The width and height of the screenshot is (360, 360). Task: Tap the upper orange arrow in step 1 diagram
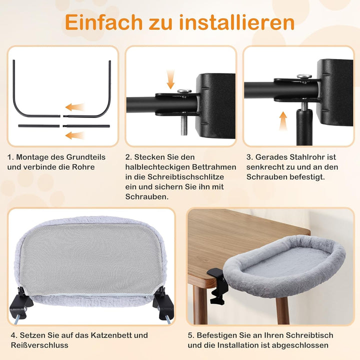coord(75,107)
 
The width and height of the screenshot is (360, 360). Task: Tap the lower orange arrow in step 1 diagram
coord(75,135)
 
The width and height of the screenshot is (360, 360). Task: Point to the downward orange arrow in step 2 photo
coord(171,78)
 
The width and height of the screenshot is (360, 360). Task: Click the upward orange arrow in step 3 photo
coord(283,120)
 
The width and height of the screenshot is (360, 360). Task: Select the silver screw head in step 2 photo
coord(184,90)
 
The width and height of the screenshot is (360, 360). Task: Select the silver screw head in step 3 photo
coord(304,76)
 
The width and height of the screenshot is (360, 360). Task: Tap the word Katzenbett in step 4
coord(114,335)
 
